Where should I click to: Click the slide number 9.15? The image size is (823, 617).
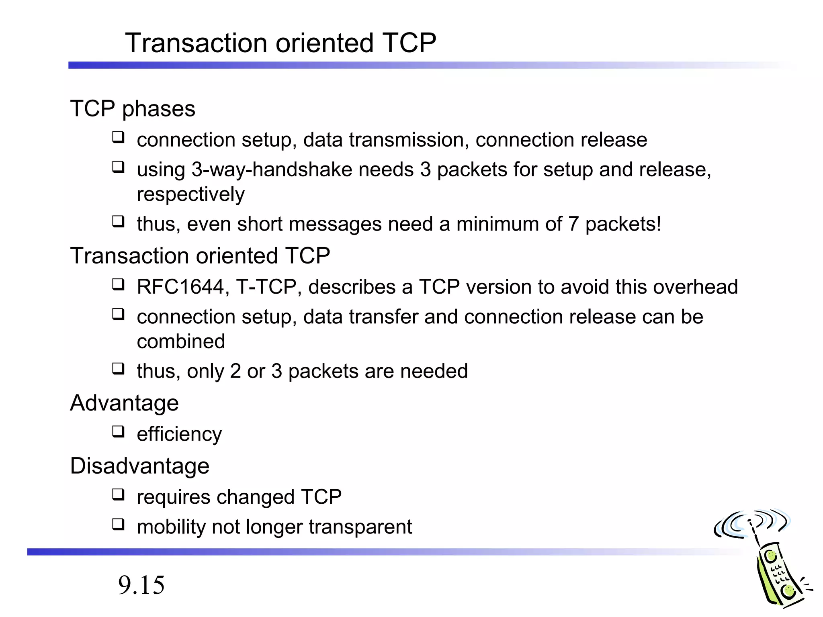(x=141, y=585)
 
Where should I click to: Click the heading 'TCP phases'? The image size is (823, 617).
(x=133, y=108)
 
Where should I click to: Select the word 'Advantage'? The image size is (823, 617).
(x=124, y=403)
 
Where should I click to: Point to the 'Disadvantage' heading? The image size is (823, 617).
(x=139, y=466)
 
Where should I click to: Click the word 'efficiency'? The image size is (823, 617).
(x=179, y=434)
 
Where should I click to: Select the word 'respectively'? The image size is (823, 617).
(x=190, y=194)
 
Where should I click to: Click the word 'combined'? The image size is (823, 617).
(x=181, y=341)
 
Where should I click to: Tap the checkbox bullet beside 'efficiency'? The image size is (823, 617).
(x=118, y=432)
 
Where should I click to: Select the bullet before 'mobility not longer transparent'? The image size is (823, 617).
(x=118, y=524)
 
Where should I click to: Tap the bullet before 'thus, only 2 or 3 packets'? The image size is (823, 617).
(x=118, y=368)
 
